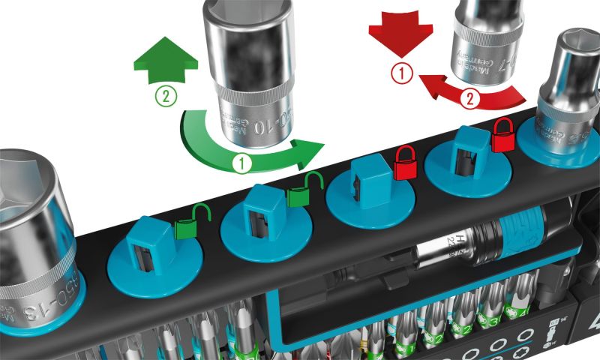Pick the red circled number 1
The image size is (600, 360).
point(403,73)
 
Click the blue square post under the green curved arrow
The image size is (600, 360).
point(262,207)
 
